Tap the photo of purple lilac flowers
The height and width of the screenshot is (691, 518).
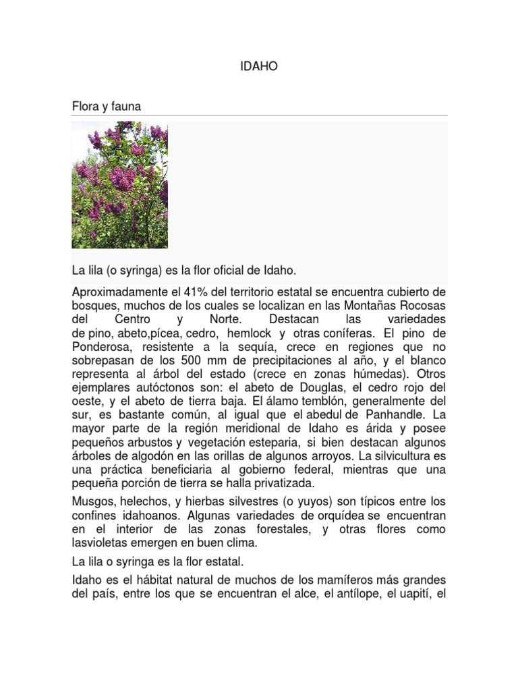coord(120,184)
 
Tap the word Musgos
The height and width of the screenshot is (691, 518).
coord(92,501)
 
